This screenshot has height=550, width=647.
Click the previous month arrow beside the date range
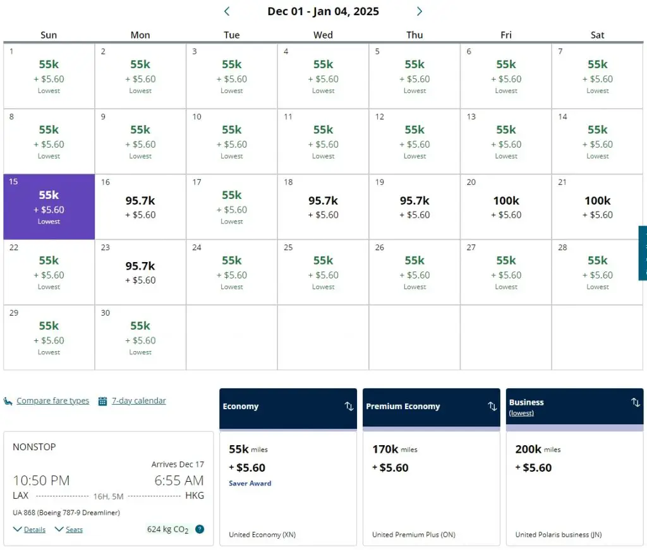[x=227, y=11]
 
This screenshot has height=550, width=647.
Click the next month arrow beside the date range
[x=420, y=11]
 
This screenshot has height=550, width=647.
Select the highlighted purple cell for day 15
[x=49, y=206]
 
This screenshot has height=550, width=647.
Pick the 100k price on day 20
[x=506, y=201]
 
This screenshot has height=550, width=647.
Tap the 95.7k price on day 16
[x=140, y=201]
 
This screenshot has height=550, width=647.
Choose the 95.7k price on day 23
[x=140, y=266]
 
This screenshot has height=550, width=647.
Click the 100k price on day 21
[x=598, y=201]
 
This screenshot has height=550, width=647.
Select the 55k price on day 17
[x=232, y=195]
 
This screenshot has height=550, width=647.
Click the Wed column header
[x=323, y=35]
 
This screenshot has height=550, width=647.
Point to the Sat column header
[x=598, y=35]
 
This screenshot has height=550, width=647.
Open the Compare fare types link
[x=52, y=401]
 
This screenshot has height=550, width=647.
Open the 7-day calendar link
[x=138, y=401]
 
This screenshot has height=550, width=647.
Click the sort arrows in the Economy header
[x=349, y=406]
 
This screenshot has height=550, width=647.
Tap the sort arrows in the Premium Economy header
[x=492, y=406]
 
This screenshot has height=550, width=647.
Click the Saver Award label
[x=250, y=484]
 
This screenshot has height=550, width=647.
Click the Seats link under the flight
[x=74, y=530]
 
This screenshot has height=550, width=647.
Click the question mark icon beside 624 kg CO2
[x=200, y=529]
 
